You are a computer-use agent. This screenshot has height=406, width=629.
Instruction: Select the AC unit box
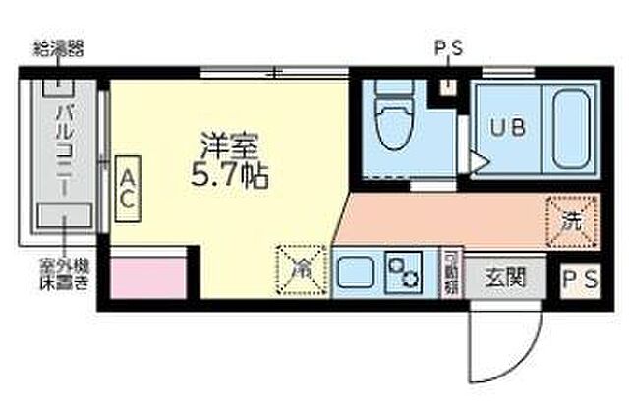(127, 186)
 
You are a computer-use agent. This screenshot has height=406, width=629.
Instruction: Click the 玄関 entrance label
(501, 276)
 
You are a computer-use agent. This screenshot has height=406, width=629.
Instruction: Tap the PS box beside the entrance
(579, 278)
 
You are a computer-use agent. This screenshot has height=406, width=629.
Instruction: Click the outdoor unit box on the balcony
(64, 213)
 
